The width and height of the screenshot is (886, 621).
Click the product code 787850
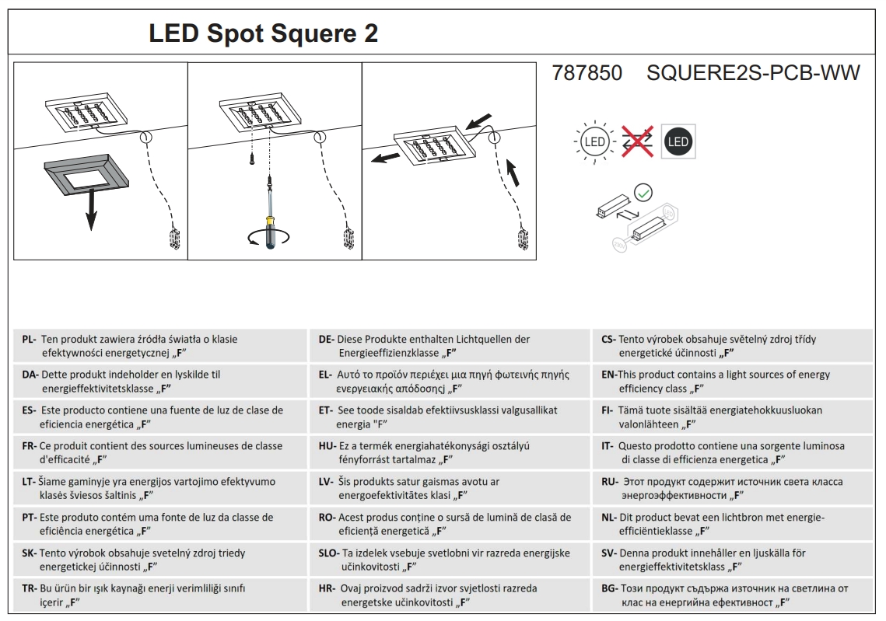tap(587, 73)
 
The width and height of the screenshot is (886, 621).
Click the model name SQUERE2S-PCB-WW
tap(753, 73)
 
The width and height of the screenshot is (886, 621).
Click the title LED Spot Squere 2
tap(263, 34)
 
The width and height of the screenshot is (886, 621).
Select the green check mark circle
tap(643, 192)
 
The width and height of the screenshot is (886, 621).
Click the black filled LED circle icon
tap(678, 141)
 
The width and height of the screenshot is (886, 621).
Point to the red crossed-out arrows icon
tap(636, 142)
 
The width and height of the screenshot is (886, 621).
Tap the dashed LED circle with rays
tap(595, 142)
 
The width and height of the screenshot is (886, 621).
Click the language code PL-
tap(28, 340)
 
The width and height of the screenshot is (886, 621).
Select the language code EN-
tap(608, 375)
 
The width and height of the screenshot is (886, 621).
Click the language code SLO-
tap(328, 553)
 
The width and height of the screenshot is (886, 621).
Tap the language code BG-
tap(608, 589)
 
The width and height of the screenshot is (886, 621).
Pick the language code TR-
tap(29, 589)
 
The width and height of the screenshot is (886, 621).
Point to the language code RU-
tap(608, 482)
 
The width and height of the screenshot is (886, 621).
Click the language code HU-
tap(327, 446)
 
